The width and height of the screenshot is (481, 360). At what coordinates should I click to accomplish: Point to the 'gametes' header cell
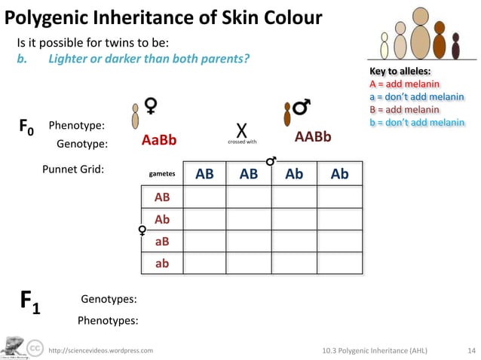click(x=162, y=174)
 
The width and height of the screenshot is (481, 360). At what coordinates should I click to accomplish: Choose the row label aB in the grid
click(x=161, y=241)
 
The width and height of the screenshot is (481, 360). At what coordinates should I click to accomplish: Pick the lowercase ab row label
click(x=161, y=264)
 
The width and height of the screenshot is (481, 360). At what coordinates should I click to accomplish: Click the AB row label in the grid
click(x=161, y=197)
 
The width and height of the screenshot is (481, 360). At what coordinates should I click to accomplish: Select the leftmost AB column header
click(x=204, y=174)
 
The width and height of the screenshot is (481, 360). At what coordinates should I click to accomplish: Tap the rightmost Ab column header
click(x=340, y=174)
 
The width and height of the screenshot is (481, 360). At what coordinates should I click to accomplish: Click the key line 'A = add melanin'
click(x=405, y=84)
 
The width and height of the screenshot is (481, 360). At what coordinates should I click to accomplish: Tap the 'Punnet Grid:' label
click(x=72, y=169)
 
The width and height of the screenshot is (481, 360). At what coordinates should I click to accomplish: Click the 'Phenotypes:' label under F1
click(x=108, y=320)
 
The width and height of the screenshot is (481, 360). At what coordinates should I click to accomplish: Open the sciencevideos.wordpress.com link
click(x=100, y=350)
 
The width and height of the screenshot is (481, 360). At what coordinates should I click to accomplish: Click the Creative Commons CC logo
click(x=35, y=347)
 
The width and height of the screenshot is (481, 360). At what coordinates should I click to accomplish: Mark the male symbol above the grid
click(x=271, y=160)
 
